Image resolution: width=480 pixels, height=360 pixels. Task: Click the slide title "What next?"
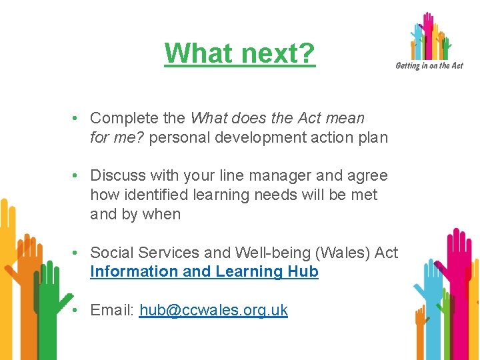pyautogui.click(x=239, y=53)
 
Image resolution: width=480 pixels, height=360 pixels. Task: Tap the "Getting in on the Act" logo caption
pyautogui.click(x=429, y=65)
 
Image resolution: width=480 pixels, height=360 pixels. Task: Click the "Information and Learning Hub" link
pyautogui.click(x=204, y=272)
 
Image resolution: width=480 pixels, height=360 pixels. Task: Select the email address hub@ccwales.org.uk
pyautogui.click(x=213, y=310)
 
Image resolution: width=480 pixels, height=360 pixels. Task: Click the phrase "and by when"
pyautogui.click(x=135, y=215)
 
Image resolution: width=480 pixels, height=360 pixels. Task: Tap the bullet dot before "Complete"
pyautogui.click(x=78, y=119)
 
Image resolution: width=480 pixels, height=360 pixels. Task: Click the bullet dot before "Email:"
pyautogui.click(x=78, y=310)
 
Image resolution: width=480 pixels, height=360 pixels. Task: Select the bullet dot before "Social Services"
pyautogui.click(x=78, y=253)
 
